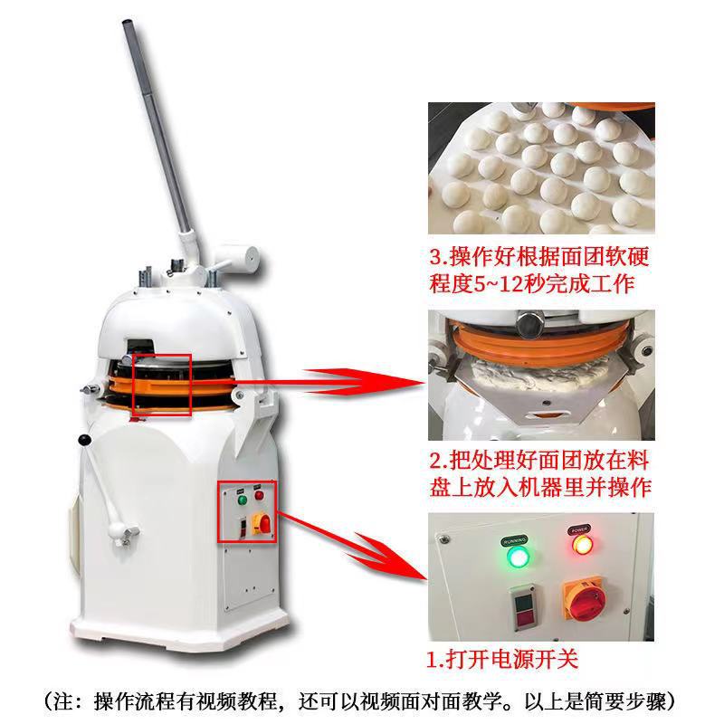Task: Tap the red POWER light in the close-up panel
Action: coord(579,545)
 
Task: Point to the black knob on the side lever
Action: coord(86,441)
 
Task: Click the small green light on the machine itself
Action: coord(242,498)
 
